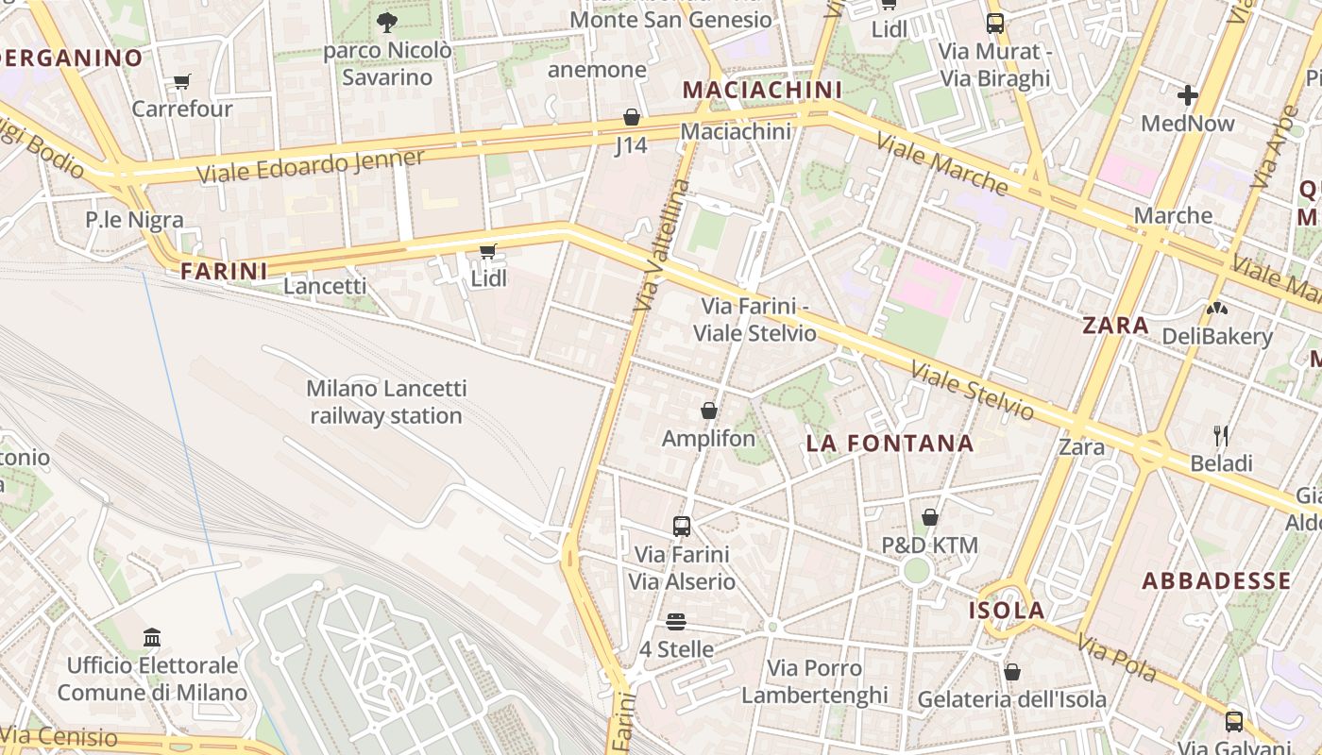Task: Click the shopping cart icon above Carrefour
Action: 181,82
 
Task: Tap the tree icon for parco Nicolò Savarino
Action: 386,23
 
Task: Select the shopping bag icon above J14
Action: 631,117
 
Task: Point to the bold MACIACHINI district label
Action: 761,90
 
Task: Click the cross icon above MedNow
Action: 1187,95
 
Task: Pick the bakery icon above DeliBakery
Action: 1217,308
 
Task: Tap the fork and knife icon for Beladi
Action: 1221,435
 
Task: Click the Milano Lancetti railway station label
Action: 386,402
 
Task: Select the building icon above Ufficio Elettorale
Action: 152,637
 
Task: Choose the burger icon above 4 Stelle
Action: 676,622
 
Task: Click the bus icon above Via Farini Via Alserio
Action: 682,526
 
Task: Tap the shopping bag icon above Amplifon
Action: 708,411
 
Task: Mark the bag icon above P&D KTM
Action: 929,517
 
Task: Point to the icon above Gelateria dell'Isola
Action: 1011,672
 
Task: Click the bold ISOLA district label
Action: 1007,611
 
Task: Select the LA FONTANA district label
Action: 890,444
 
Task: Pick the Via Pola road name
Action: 1117,660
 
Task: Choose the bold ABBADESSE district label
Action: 1216,580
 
